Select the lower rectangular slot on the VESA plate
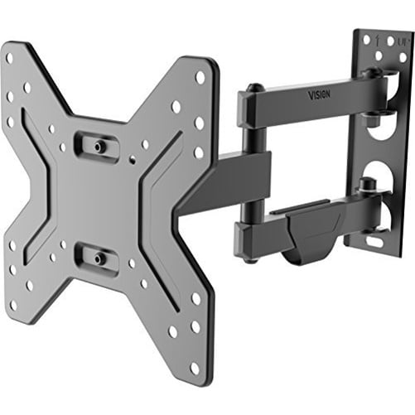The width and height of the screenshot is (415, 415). (97, 257)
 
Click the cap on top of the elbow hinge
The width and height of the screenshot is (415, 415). (257, 85)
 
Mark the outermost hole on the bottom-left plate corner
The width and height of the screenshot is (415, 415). (12, 305)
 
